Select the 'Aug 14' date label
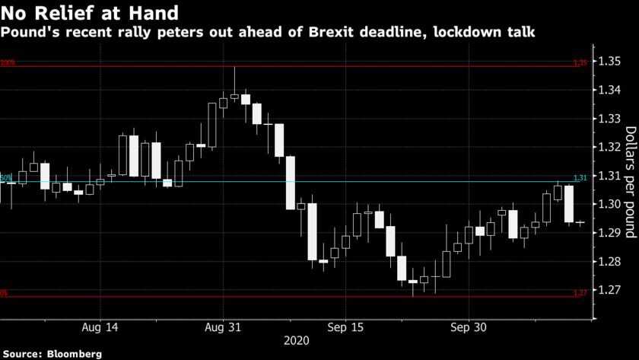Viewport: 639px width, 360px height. [x=100, y=328]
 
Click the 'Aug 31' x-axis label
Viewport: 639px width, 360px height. [x=224, y=328]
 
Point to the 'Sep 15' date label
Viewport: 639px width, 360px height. [x=347, y=328]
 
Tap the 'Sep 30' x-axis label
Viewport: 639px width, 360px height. [x=469, y=328]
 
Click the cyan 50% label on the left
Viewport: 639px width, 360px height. [x=6, y=177]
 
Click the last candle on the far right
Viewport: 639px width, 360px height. [x=580, y=223]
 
